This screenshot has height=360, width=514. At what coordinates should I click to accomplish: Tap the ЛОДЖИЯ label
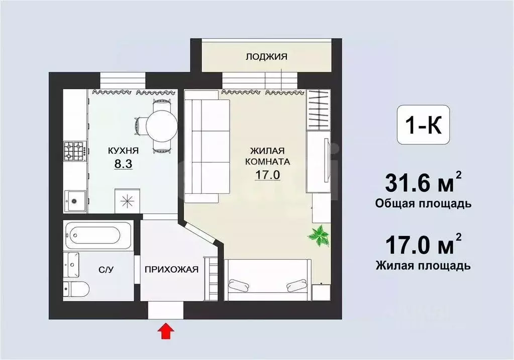266,57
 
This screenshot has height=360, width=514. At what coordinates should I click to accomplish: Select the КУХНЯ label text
123,150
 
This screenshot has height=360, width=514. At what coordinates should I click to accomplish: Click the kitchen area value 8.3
123,164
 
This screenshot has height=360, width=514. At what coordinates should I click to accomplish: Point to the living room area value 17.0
266,176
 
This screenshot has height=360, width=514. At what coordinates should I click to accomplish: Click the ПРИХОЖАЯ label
171,270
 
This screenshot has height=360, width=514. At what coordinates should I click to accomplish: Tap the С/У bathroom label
106,270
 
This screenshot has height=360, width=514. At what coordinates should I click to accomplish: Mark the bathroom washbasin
72,264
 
